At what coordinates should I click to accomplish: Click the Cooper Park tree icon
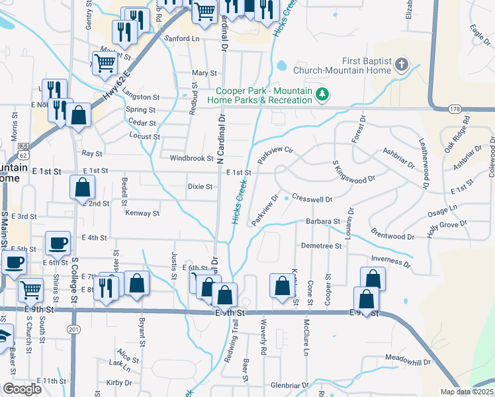click(322, 95)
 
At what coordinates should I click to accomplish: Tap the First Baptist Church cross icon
click(400, 65)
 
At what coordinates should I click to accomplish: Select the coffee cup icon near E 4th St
click(58, 243)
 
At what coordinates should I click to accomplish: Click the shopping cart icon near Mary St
click(105, 64)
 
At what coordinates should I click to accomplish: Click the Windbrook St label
click(191, 159)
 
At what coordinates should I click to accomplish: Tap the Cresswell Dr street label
click(312, 198)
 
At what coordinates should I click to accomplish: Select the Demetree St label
click(321, 245)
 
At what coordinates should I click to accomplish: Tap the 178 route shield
click(454, 108)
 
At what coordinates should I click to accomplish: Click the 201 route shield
click(73, 328)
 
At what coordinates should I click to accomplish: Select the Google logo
click(22, 389)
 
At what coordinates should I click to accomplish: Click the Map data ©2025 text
click(467, 392)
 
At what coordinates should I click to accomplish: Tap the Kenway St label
click(142, 214)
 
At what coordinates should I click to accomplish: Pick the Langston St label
click(142, 97)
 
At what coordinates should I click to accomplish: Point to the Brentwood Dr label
click(392, 236)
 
